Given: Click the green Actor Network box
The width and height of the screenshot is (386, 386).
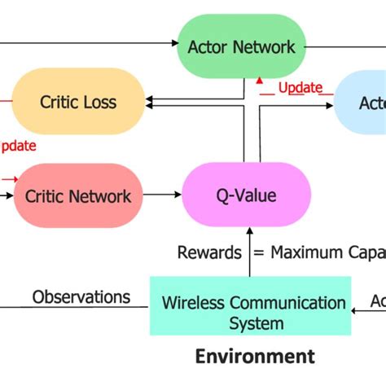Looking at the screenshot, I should point(243,46).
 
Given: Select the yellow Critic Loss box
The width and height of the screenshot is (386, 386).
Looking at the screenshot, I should point(78,102).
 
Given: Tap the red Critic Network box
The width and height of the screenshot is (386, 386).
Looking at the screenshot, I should point(78,195).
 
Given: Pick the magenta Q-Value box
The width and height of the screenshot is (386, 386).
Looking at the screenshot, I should point(247,195).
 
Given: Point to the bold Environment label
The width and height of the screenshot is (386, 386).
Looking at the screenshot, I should point(254,356).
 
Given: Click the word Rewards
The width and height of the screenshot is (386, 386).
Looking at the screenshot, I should point(209,252).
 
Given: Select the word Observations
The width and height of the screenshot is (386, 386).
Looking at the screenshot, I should point(81,296).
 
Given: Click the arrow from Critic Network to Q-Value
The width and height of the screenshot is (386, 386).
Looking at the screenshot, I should point(162,195).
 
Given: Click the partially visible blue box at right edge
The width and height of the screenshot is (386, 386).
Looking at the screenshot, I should point(362,103).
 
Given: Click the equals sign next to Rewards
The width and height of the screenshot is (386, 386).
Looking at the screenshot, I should point(258,253).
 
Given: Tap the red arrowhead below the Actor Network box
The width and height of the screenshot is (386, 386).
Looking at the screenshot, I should point(259,80).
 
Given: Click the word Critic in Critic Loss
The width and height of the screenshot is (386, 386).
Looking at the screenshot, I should point(58,102).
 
